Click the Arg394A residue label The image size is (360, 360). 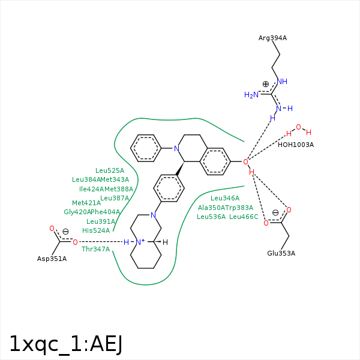(x=272, y=38)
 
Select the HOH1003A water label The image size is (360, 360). (x=295, y=145)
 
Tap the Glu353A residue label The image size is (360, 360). (x=281, y=253)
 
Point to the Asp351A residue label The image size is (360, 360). (x=52, y=259)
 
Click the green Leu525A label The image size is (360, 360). (x=110, y=170)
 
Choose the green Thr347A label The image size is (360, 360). (x=96, y=248)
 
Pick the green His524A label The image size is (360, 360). (x=96, y=230)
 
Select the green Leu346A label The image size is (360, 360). (x=225, y=198)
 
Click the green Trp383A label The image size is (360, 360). (x=239, y=208)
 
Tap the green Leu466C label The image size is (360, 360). (x=244, y=217)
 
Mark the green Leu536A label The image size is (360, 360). (x=211, y=217)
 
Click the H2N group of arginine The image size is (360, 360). (x=251, y=95)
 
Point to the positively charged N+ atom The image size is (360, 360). (x=140, y=242)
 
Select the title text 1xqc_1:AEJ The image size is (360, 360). (x=66, y=343)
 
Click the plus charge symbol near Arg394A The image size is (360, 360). (x=266, y=85)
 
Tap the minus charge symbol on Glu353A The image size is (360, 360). (x=275, y=212)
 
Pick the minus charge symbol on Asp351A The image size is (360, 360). (x=65, y=232)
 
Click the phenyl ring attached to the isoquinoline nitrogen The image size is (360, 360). (x=146, y=148)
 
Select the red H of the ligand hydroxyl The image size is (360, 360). (x=252, y=172)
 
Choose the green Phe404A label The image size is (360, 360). (x=106, y=212)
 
